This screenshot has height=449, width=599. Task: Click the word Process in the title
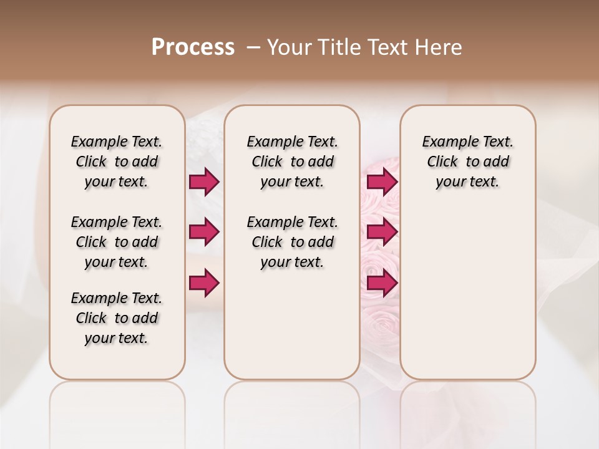tap(193, 47)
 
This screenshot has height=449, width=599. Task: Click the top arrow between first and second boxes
tap(204, 181)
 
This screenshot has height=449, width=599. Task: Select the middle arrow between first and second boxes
tap(204, 232)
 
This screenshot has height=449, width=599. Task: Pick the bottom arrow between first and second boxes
tap(204, 283)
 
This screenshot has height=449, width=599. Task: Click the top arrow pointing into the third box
tap(382, 181)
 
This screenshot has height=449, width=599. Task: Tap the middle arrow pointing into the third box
tap(382, 232)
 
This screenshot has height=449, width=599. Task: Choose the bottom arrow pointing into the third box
tap(382, 283)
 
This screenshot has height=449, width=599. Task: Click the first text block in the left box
tap(117, 162)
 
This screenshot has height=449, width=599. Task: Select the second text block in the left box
tap(117, 242)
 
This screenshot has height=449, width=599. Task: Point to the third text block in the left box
tap(117, 318)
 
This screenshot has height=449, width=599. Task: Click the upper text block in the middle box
tap(292, 162)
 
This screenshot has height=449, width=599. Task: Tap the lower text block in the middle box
tap(292, 242)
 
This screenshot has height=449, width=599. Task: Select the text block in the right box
tap(467, 162)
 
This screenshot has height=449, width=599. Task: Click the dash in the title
tap(253, 47)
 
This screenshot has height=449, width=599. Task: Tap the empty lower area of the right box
tap(467, 293)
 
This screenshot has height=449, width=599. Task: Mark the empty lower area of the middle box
tap(292, 324)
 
